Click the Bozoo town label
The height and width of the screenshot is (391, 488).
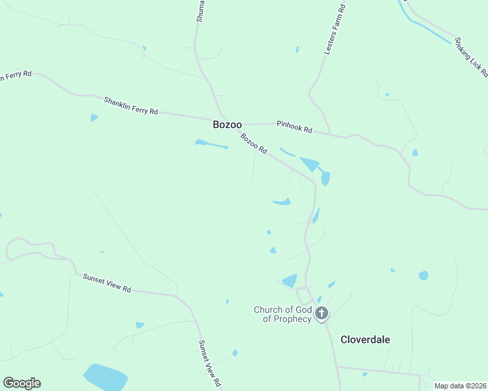[227, 124]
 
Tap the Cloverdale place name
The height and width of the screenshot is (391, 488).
[365, 340]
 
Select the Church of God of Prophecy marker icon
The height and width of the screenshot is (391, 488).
[321, 314]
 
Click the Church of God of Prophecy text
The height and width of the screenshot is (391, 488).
[282, 314]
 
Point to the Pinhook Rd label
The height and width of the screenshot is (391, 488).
[294, 126]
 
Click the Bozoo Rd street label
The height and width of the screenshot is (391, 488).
[254, 143]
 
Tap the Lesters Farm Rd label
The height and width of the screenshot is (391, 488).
[335, 31]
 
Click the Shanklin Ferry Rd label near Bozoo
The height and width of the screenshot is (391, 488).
[131, 106]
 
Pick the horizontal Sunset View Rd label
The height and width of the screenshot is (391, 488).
[107, 283]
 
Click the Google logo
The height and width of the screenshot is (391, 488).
[22, 383]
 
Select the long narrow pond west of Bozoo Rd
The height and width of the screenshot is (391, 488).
[211, 144]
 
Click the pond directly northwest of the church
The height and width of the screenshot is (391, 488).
[290, 281]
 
